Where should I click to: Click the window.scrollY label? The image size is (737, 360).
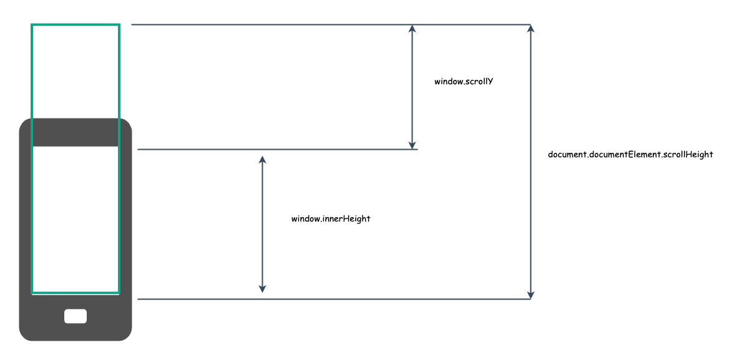pos(464,81)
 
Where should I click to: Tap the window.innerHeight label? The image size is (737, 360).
pos(331,218)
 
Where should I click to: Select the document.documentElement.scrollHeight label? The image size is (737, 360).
pos(630,154)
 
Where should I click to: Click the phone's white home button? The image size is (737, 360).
pos(76,316)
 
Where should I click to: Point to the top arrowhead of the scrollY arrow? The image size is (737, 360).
pos(412,28)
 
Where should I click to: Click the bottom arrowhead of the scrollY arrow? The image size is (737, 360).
pos(412,145)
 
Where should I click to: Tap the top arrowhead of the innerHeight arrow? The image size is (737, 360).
pos(262,160)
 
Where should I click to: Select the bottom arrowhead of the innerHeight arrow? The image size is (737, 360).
pos(262,289)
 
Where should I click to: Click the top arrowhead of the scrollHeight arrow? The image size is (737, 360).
pos(530,28)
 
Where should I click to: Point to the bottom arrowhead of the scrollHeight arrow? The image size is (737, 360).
pos(530,294)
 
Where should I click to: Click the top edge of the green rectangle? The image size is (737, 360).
pos(76,24)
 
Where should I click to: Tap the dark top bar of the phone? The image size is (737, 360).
pos(76,132)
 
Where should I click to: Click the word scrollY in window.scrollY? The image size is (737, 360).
pos(479,81)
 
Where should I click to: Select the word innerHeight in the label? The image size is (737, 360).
pos(346,218)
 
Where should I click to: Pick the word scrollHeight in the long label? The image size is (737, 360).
pos(688,154)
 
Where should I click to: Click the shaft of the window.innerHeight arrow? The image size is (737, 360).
pos(262,224)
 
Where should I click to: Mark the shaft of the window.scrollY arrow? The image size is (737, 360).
pos(412,87)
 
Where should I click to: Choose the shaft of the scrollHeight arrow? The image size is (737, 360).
pos(530,162)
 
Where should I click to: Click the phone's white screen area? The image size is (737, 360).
pos(76,220)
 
